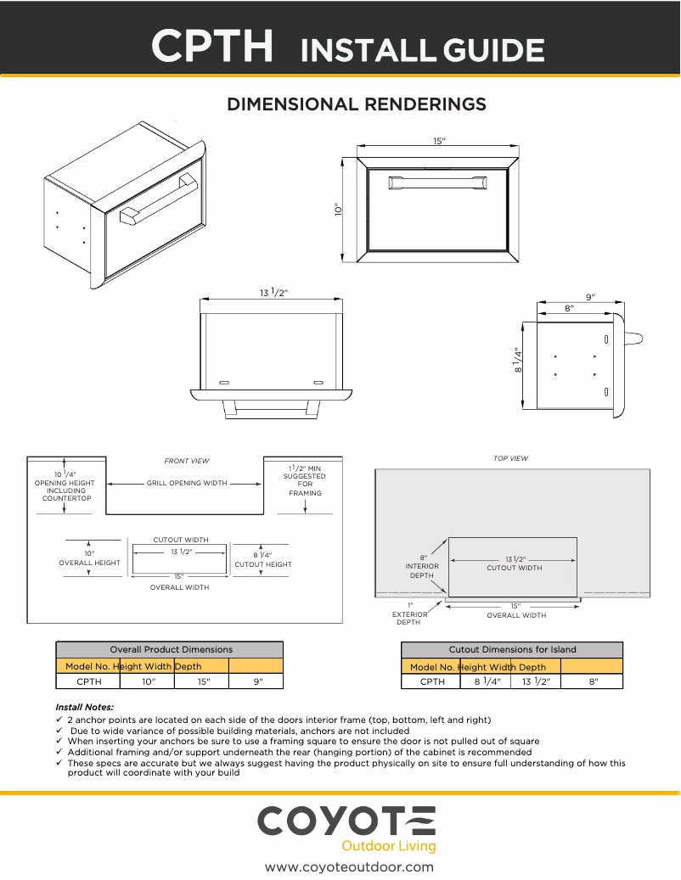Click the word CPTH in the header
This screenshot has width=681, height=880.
[x=213, y=46]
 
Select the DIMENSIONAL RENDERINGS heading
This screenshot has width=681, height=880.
[x=356, y=104]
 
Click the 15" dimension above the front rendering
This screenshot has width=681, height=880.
[x=439, y=141]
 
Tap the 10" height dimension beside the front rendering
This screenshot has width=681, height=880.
[x=338, y=209]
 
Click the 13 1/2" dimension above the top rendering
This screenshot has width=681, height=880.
[x=273, y=293]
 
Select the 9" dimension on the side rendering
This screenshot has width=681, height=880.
[x=590, y=297]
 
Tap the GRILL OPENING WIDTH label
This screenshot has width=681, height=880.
[x=187, y=483]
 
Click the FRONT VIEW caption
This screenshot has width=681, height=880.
[x=186, y=461]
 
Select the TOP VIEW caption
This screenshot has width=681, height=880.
[x=510, y=458]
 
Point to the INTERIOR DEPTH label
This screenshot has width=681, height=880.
[x=423, y=567]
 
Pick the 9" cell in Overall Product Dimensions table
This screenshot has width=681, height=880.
[x=256, y=681]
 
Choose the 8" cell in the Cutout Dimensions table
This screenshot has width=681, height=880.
[x=594, y=681]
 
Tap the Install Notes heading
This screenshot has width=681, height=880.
[x=84, y=707]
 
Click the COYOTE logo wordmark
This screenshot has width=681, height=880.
[x=346, y=821]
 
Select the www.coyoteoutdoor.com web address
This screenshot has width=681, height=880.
[x=349, y=866]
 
